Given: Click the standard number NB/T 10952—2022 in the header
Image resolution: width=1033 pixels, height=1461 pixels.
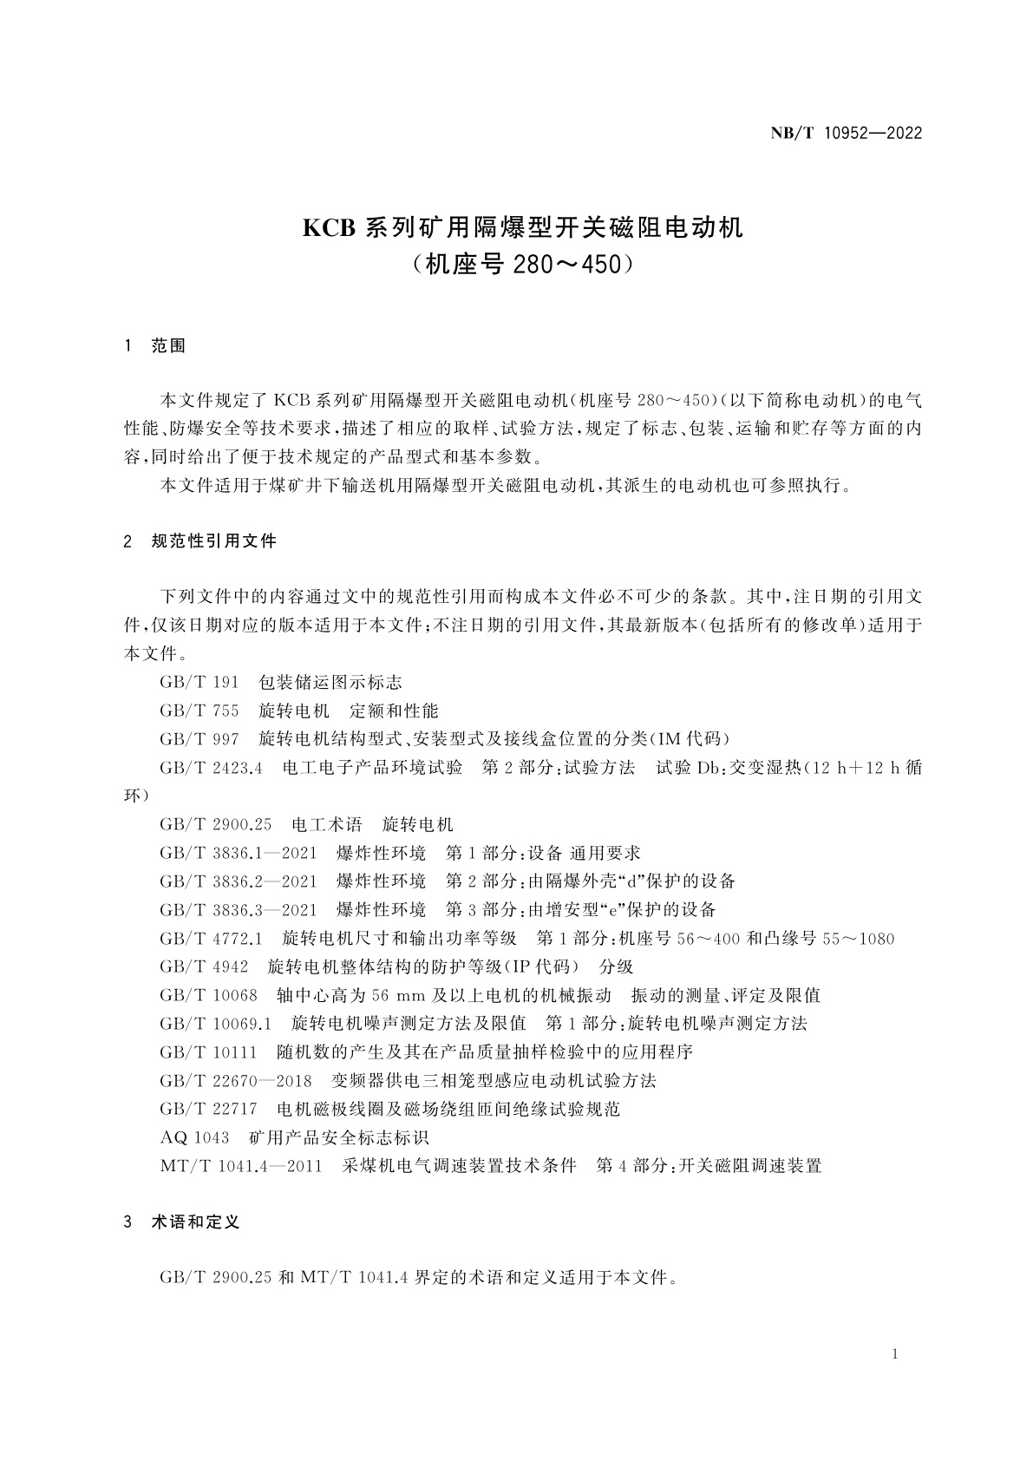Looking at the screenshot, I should click(846, 134).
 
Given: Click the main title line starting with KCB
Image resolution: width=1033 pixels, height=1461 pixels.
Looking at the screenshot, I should click(522, 228).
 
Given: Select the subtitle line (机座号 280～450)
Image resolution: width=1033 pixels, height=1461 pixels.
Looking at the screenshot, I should click(522, 264).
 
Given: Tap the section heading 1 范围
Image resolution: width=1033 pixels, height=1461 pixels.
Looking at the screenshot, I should click(156, 346).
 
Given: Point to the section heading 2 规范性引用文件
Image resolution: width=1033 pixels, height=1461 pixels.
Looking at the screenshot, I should click(201, 541).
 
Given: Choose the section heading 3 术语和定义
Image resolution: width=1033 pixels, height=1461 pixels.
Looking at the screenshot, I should click(183, 1222).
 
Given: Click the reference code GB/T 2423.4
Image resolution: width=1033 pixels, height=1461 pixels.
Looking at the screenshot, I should click(211, 768).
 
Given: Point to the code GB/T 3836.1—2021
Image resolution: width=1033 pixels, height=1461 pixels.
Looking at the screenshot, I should click(239, 853).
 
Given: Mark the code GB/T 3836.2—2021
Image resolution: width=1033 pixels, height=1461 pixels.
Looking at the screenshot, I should click(239, 881).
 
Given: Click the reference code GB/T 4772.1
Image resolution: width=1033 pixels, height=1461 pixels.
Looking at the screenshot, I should click(211, 939).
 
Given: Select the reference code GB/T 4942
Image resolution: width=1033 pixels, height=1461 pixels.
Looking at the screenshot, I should click(204, 966).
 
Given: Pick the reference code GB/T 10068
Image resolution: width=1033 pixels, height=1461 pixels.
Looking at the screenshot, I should click(208, 995).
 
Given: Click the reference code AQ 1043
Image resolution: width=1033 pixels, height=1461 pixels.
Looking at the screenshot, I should click(194, 1137).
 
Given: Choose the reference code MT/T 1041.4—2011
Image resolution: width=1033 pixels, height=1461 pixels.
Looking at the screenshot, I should click(241, 1166).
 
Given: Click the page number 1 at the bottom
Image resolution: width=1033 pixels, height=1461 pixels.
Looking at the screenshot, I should click(894, 1355).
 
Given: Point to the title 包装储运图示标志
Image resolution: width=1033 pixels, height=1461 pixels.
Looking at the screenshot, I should click(330, 683).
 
